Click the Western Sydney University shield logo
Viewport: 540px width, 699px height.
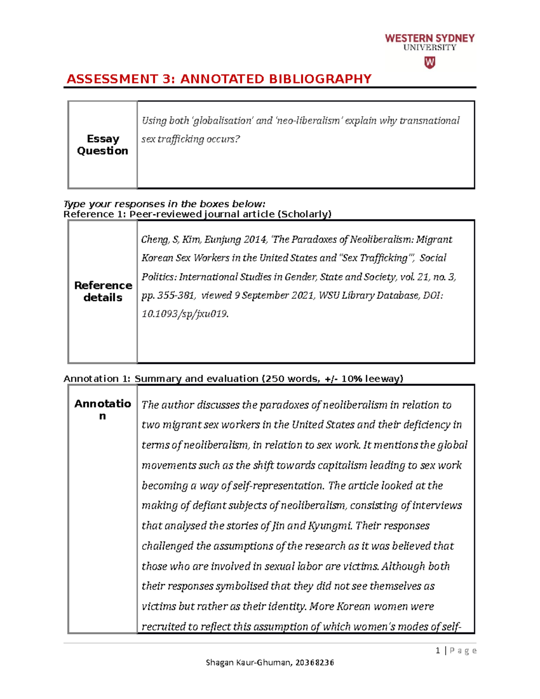430,63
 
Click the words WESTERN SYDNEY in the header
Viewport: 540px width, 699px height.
430,38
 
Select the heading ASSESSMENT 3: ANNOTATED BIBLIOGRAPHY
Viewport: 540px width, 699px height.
219,79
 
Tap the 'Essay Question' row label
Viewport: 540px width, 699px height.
103,144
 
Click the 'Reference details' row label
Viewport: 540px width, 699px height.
103,291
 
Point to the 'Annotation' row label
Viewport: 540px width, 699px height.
103,409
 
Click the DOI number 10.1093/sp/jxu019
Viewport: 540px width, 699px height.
184,314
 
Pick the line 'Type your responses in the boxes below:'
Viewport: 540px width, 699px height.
165,204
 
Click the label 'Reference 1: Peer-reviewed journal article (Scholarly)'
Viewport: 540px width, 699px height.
198,214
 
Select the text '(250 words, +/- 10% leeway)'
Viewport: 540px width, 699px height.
332,379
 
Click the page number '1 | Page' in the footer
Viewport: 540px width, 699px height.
456,650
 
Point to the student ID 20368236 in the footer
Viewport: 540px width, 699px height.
315,662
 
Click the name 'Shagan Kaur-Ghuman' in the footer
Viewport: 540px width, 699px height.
248,662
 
